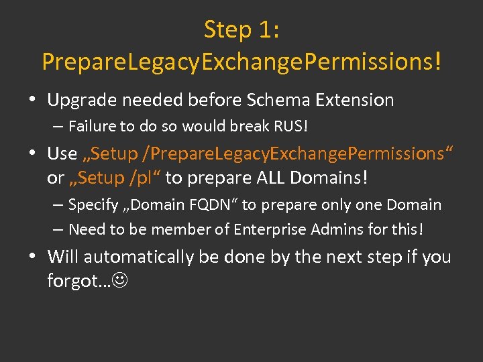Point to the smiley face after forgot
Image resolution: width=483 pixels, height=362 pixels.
pos(120,282)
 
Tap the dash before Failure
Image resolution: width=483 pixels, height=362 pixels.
pos(58,126)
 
